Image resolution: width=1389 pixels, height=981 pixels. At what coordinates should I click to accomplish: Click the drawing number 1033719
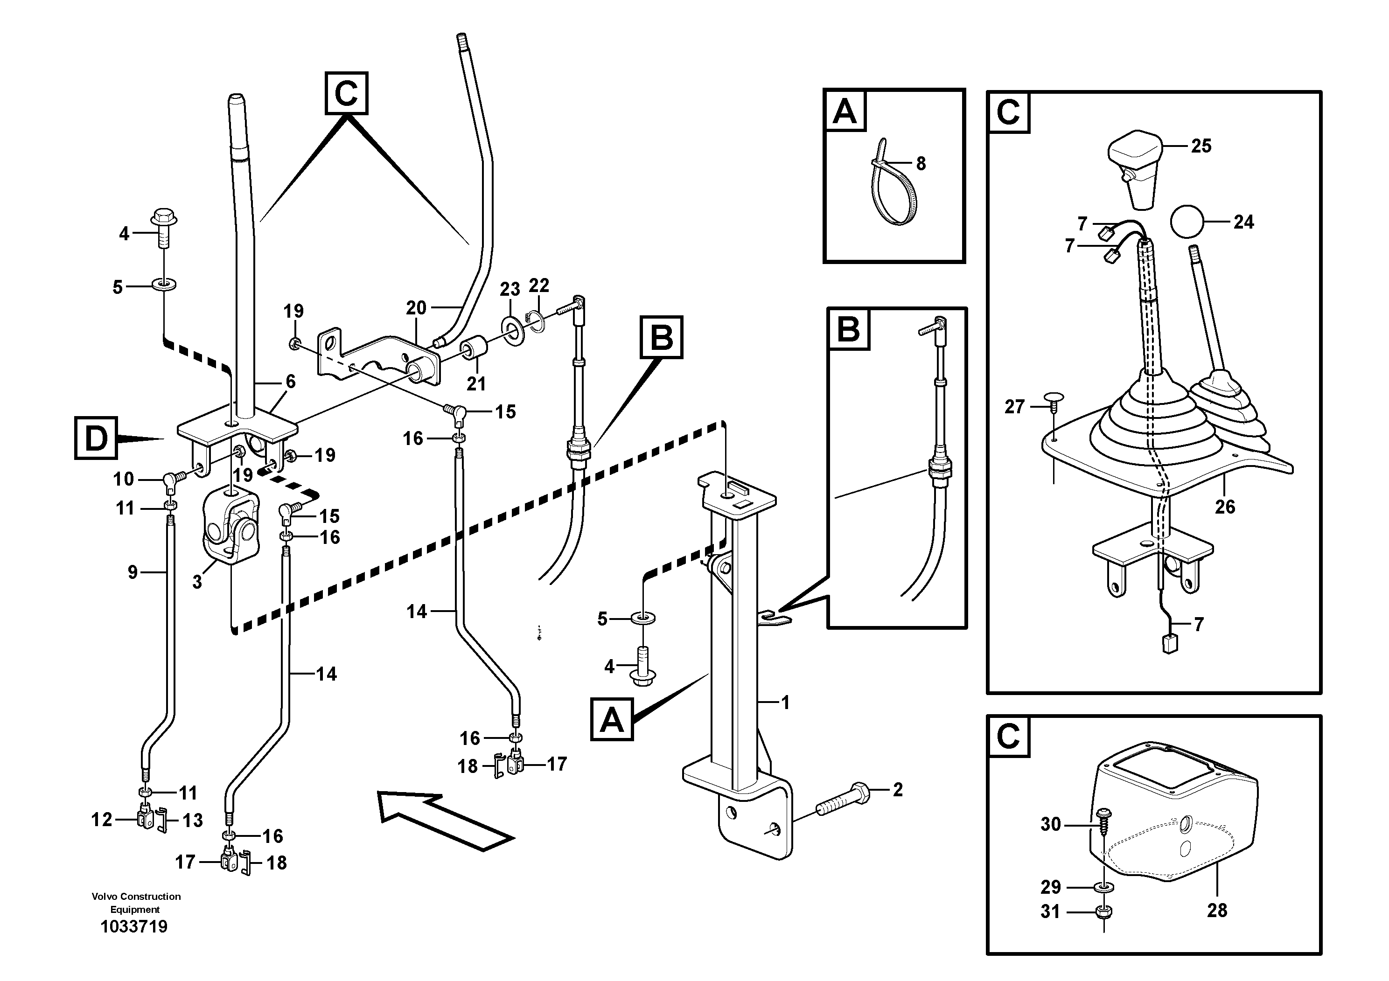[134, 926]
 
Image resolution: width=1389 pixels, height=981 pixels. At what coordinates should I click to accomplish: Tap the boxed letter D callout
[96, 438]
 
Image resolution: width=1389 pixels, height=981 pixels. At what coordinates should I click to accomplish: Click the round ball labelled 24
[1187, 223]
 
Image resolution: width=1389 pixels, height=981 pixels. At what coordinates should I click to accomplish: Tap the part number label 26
[1224, 507]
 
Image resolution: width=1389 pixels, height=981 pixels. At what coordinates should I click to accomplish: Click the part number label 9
[133, 572]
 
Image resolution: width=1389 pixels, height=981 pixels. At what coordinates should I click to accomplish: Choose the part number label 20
[416, 308]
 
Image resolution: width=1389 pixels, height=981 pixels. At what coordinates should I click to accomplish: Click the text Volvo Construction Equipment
[136, 902]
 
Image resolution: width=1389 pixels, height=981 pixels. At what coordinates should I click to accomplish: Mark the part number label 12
[102, 820]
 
